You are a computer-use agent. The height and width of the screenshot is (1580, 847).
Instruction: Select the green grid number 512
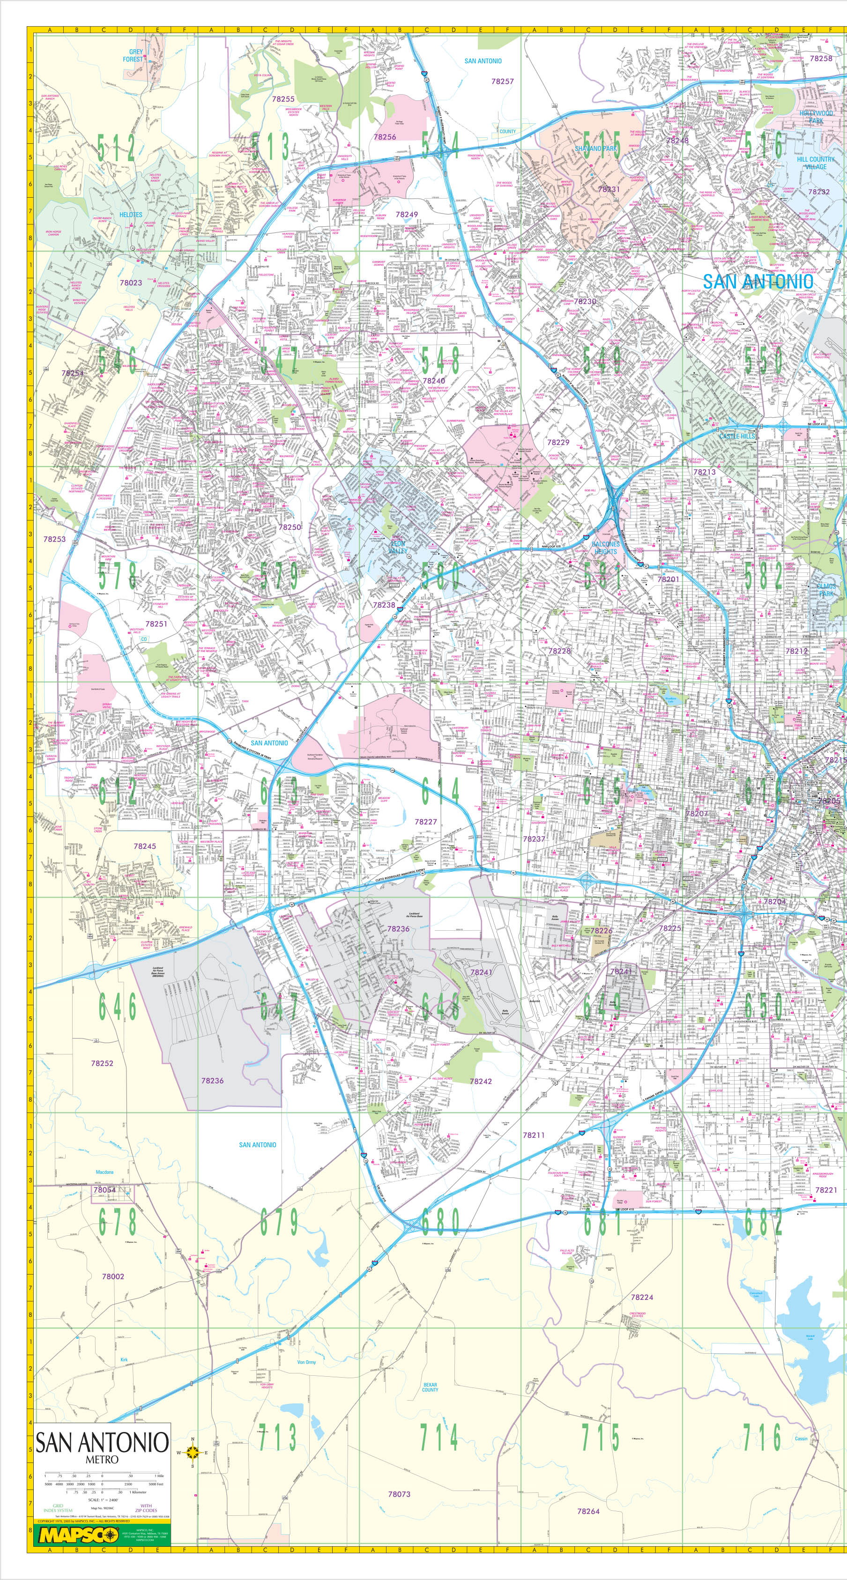click(x=116, y=149)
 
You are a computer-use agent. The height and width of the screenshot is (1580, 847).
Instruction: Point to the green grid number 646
click(x=117, y=1007)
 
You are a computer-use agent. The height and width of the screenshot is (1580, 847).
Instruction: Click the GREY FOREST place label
click(x=134, y=56)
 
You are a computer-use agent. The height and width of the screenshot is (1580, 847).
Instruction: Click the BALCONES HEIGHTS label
click(x=605, y=548)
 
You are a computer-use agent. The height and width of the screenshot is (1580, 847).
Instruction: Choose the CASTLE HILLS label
click(x=737, y=436)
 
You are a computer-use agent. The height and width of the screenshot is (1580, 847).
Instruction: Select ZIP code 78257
click(x=502, y=81)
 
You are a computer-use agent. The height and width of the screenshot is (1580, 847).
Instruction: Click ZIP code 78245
click(x=145, y=846)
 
